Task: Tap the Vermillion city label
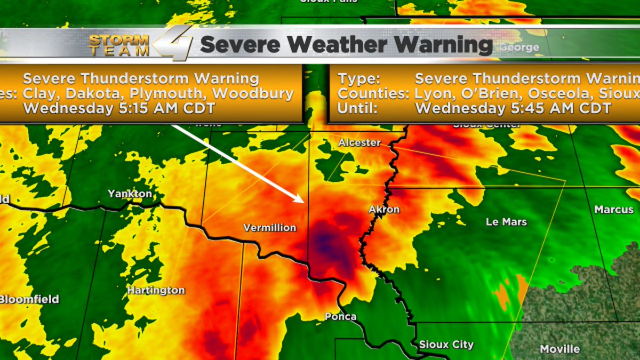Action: point(270,228)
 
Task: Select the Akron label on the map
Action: point(384,209)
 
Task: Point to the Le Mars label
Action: point(506,221)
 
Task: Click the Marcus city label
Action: point(614,209)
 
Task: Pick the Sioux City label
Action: point(446,344)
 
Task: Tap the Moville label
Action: point(559,349)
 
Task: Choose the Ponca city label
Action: point(340,317)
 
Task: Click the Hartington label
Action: point(156,291)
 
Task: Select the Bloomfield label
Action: point(29,299)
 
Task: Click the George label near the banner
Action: point(519,48)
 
